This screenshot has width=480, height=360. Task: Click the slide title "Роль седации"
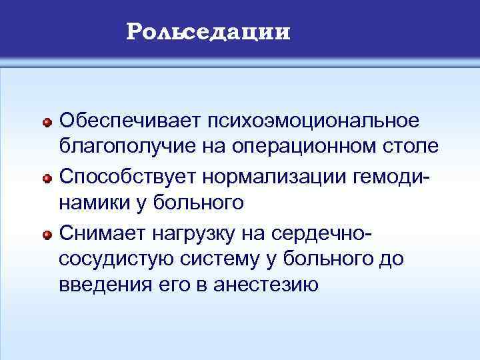[x=209, y=31]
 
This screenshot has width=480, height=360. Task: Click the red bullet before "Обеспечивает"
[x=47, y=123]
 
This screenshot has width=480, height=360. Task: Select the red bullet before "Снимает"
[x=47, y=235]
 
